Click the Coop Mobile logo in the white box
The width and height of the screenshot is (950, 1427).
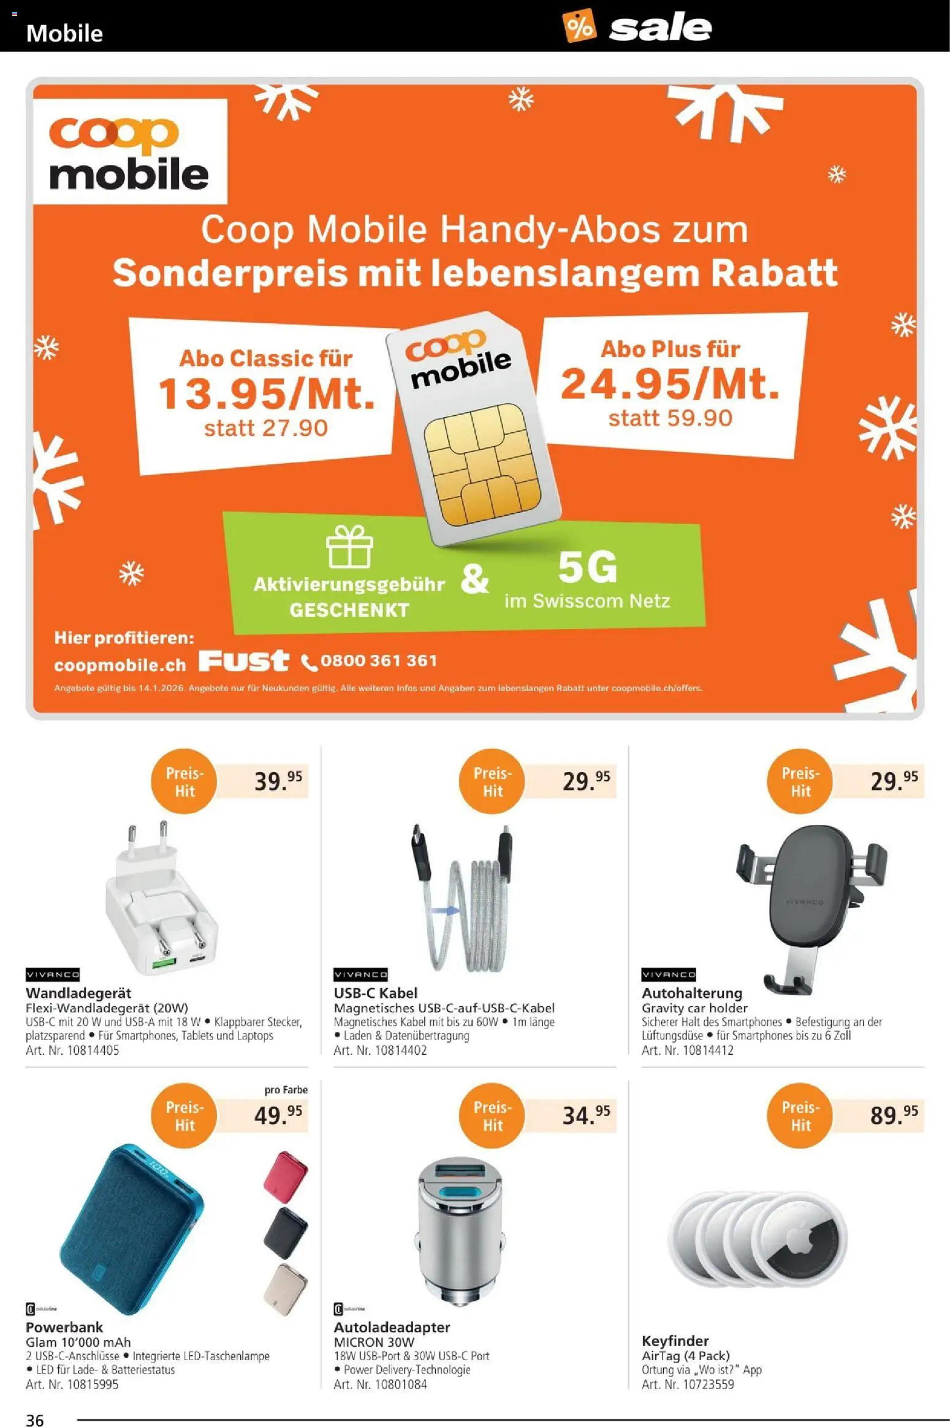pos(129,151)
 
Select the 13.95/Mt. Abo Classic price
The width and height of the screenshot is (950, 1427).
pos(267,394)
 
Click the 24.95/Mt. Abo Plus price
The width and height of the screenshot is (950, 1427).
pos(670,384)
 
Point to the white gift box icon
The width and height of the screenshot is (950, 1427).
pos(349,546)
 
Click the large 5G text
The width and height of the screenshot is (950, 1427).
pos(587,568)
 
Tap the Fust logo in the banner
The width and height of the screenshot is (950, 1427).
pos(243,660)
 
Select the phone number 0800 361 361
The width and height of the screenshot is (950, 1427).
pos(378,661)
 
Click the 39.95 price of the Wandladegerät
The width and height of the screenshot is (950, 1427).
pos(278,781)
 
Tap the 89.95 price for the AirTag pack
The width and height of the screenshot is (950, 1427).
pos(894,1115)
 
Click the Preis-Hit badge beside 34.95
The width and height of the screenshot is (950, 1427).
pos(492,1115)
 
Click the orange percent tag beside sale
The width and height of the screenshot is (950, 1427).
pos(579,26)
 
